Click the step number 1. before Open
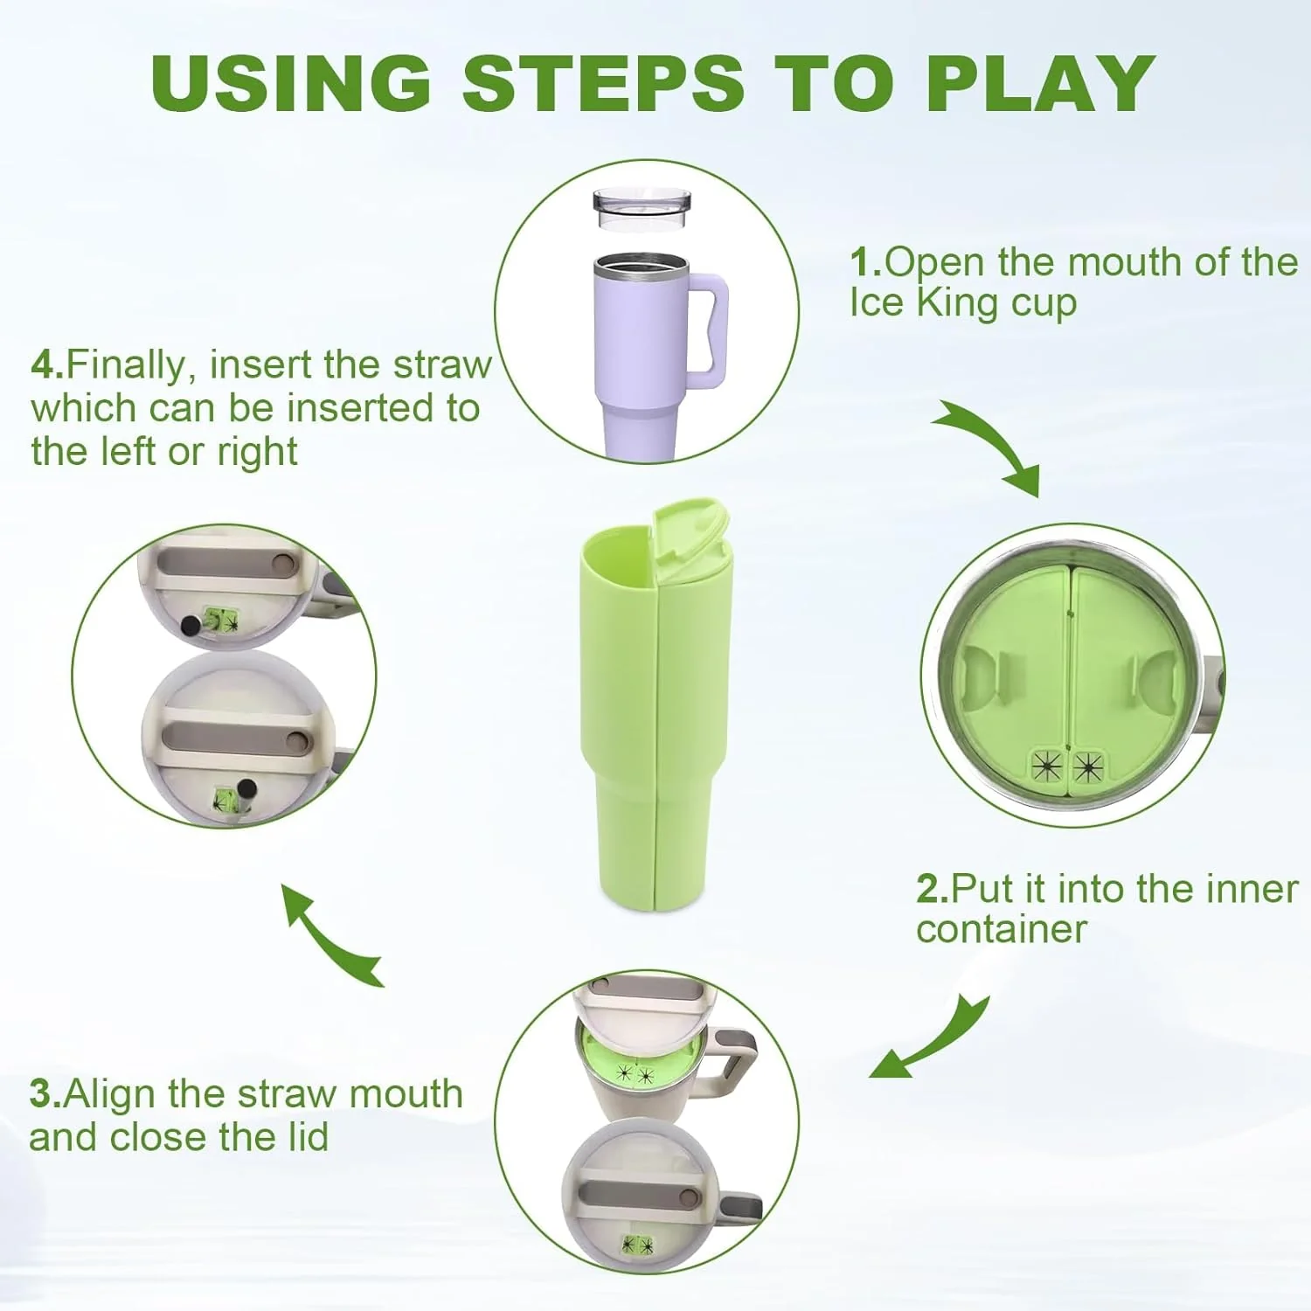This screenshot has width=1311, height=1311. (866, 263)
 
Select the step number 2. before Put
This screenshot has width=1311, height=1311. (933, 889)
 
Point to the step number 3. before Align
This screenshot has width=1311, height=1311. (45, 1094)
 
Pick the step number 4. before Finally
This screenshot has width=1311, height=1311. (48, 364)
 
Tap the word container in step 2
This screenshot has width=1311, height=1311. (1002, 930)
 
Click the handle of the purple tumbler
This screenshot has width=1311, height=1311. (709, 331)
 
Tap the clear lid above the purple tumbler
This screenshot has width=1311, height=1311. (642, 209)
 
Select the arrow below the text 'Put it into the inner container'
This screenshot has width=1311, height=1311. (933, 1040)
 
